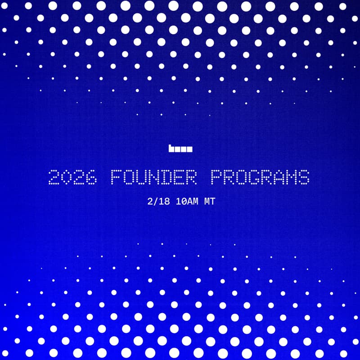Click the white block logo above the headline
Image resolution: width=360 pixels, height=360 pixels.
point(180,148)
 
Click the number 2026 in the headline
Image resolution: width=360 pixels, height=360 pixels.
point(72,177)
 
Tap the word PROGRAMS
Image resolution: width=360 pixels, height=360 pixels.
point(261,177)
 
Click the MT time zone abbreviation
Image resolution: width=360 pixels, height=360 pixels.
point(209,202)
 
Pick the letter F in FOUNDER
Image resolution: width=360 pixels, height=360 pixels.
point(116,177)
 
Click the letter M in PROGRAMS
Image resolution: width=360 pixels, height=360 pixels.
point(292,177)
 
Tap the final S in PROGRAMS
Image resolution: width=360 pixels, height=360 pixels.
point(305,177)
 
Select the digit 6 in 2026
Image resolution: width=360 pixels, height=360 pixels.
point(91,177)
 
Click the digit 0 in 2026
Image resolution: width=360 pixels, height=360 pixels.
point(66,177)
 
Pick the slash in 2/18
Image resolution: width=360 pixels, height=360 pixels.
point(154,202)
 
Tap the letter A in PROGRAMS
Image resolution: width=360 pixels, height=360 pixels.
point(279,177)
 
